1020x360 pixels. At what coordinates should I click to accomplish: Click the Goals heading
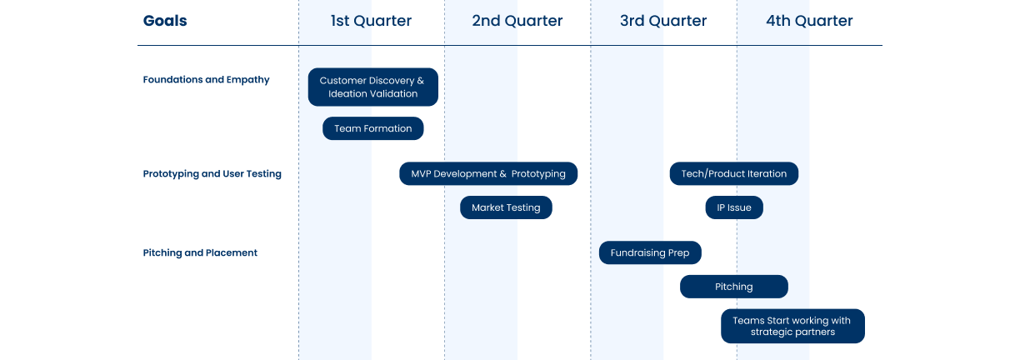(164, 21)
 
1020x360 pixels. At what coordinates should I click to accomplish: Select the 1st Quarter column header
(371, 21)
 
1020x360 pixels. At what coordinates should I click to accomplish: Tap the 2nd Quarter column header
(517, 21)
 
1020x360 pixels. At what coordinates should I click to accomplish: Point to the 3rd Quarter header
(663, 21)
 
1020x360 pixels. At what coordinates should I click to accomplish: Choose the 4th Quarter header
(809, 21)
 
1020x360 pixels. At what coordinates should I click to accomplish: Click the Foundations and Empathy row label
(206, 80)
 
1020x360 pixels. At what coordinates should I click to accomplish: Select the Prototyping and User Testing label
(212, 174)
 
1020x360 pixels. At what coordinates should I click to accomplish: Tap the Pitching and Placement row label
(200, 252)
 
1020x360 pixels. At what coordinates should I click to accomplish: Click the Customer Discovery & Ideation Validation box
(372, 87)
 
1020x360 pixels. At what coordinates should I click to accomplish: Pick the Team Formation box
(372, 128)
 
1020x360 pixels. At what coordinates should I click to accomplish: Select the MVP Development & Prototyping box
(488, 173)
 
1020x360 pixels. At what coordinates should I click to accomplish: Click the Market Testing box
(506, 207)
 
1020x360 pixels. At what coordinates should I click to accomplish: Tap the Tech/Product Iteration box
(733, 173)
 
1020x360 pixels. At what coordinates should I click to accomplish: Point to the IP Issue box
(734, 207)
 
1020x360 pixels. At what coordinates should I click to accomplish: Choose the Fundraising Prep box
(650, 252)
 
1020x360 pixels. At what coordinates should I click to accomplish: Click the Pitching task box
(733, 287)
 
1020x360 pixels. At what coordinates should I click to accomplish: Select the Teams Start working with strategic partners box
(792, 326)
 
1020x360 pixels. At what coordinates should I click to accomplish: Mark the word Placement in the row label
(232, 252)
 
